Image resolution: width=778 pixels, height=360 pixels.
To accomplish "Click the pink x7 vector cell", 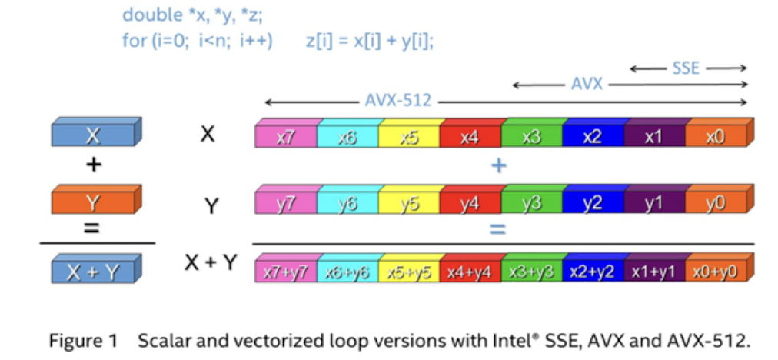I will click(285, 136).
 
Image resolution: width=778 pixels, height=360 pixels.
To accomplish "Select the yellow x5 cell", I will click(408, 136).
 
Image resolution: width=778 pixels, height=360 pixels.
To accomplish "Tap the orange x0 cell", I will click(715, 136).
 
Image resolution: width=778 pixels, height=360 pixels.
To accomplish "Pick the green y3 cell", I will click(531, 203).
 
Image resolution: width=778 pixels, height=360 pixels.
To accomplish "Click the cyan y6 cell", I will click(347, 203).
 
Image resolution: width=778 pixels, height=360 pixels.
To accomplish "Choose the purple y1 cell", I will click(653, 203).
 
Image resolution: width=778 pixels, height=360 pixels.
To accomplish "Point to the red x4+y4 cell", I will click(470, 270).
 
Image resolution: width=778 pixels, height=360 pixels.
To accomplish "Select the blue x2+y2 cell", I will click(593, 270).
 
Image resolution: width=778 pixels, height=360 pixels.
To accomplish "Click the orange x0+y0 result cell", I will click(715, 270).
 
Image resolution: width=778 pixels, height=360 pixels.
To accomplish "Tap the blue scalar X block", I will click(93, 135).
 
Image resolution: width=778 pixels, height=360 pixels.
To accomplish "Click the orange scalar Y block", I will click(93, 202).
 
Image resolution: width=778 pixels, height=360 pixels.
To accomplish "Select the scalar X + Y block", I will click(93, 270).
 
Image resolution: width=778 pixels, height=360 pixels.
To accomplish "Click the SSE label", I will click(687, 68).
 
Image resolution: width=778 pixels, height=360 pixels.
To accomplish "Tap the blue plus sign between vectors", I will click(498, 165).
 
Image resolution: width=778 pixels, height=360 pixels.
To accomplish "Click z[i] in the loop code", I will click(320, 42).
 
